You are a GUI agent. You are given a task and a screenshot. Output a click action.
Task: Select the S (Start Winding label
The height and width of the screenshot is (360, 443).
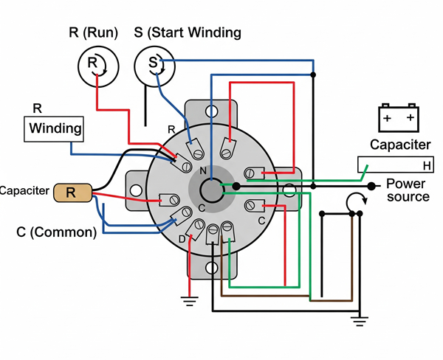pos(188,32)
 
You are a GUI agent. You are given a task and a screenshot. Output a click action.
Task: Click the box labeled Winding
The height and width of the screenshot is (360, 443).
pos(55,129)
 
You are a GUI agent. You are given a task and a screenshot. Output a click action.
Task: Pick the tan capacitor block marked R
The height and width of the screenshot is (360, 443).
pos(72,193)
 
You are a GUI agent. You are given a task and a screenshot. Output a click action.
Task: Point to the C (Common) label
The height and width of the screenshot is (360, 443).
pos(57,232)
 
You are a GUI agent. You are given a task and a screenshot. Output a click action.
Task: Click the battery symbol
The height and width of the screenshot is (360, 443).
pos(399,117)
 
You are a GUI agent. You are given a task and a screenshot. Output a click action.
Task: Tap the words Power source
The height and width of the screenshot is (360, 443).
pos(408,191)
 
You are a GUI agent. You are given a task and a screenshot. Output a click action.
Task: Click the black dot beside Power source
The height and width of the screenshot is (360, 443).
pos(370,185)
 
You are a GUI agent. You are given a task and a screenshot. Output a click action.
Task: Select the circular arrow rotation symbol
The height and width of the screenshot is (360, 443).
pos(357,201)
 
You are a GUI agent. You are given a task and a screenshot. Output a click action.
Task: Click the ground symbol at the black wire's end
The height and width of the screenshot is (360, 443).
pos(360,319)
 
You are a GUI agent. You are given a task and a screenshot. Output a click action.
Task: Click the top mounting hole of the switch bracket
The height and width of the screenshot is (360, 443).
pos(213,112)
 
